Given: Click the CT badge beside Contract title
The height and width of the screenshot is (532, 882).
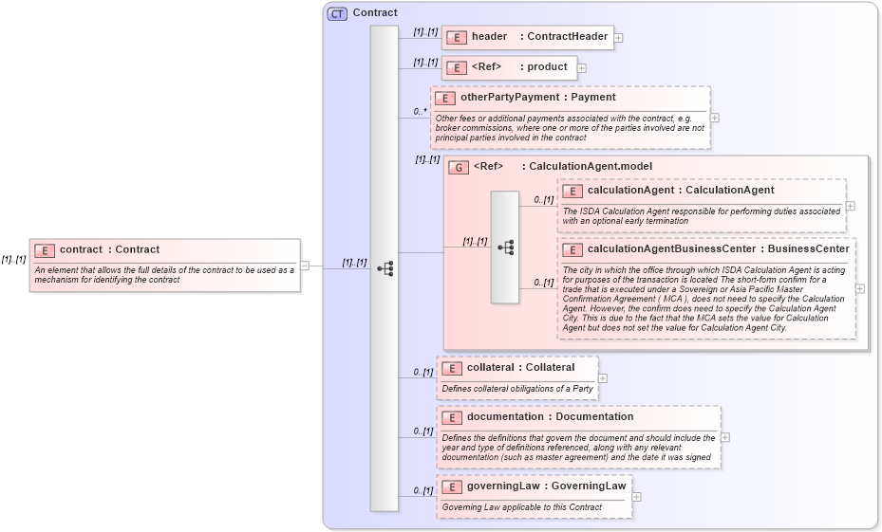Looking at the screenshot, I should [x=337, y=13].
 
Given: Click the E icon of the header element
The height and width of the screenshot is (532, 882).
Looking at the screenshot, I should [x=457, y=37].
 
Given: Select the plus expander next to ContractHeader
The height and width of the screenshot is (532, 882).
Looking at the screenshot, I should [x=619, y=38].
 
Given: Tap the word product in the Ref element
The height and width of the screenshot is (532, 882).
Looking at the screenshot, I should [x=548, y=67].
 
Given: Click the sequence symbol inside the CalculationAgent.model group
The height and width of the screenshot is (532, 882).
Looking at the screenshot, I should [x=505, y=248].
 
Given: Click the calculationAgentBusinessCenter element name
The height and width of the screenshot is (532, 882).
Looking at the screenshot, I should [x=671, y=249].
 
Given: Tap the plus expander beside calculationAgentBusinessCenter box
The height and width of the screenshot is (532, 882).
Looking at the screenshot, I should [x=860, y=288].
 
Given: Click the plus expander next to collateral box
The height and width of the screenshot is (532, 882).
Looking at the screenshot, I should [x=603, y=378].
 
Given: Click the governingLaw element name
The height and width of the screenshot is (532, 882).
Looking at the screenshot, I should [x=503, y=486].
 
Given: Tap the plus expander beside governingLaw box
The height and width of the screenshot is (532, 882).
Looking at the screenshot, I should [x=636, y=497].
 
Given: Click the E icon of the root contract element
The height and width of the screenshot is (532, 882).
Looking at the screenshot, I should [x=45, y=250].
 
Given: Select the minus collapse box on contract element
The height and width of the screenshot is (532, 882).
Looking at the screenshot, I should [x=305, y=266].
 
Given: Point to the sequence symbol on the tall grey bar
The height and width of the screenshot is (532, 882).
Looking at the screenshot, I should [x=385, y=268].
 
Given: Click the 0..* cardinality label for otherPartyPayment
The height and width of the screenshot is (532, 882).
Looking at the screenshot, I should [x=420, y=112].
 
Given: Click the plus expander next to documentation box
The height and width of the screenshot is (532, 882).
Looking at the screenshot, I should [x=725, y=437].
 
